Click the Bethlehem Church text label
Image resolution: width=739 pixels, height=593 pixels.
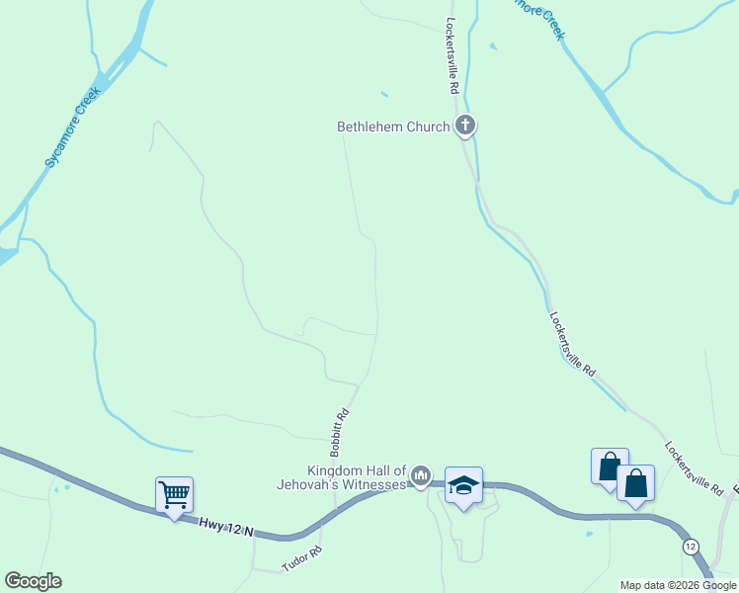(393, 127)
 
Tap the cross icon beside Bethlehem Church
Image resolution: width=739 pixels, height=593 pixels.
(465, 126)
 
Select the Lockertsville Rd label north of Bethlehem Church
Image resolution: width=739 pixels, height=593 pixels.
(452, 55)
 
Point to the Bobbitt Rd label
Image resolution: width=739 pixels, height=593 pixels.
(341, 432)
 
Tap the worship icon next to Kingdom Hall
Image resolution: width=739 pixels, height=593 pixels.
(422, 477)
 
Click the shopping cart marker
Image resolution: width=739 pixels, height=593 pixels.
(175, 493)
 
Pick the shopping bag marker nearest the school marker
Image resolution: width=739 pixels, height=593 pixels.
(610, 466)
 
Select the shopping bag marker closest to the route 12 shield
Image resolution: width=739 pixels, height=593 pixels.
(636, 483)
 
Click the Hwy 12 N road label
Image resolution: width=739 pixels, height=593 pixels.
(225, 527)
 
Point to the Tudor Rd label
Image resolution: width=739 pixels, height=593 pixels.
(302, 558)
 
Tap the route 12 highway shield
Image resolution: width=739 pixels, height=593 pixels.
(691, 547)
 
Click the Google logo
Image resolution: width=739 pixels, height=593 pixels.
(33, 581)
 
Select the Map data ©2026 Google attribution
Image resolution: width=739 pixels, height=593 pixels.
(678, 585)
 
